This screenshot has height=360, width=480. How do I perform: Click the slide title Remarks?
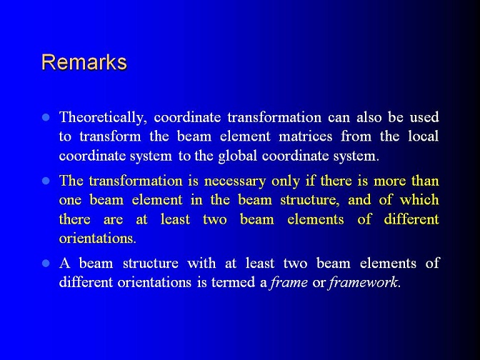[84, 62]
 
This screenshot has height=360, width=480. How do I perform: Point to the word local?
[424, 136]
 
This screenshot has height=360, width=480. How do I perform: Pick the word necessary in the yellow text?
[235, 181]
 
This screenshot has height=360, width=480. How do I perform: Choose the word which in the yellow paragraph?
[419, 199]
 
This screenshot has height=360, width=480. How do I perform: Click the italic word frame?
[289, 282]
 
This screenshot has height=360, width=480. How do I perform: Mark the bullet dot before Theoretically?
[46, 117]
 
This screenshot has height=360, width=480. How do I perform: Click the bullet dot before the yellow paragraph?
[46, 181]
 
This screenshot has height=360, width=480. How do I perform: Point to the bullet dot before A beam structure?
[46, 264]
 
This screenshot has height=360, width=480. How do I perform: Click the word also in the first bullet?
[369, 117]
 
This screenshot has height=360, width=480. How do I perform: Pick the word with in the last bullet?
[201, 264]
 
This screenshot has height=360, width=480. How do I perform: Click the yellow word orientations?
[97, 238]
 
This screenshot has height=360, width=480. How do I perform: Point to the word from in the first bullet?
[356, 136]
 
